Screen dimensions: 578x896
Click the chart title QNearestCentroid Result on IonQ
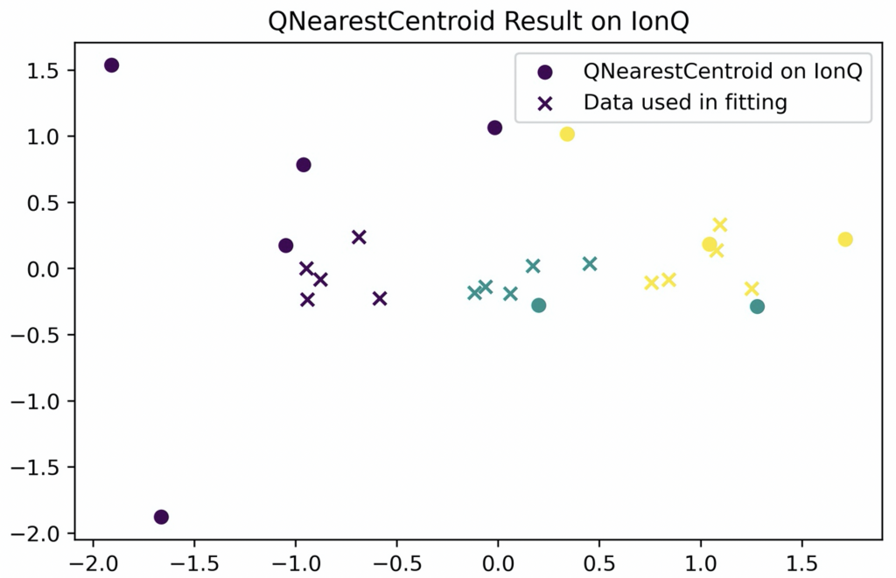pos(447,19)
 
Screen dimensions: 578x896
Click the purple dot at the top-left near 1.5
pos(111,66)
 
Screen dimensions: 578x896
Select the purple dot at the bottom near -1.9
pos(161,517)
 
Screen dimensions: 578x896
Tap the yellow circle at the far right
pos(845,240)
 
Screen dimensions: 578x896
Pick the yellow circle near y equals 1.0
pos(567,134)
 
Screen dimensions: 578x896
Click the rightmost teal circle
pos(757,306)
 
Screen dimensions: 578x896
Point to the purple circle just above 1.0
pos(494,128)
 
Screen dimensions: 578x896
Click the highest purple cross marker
pos(359,237)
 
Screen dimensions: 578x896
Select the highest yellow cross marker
pos(720,225)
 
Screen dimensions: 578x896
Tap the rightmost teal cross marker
pos(590,263)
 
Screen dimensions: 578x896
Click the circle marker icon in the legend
pos(545,73)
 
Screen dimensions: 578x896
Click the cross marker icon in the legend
pos(545,103)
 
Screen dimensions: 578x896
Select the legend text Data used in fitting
pos(685,103)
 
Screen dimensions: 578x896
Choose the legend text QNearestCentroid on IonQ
pos(723,73)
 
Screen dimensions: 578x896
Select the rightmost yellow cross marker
pos(752,289)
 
